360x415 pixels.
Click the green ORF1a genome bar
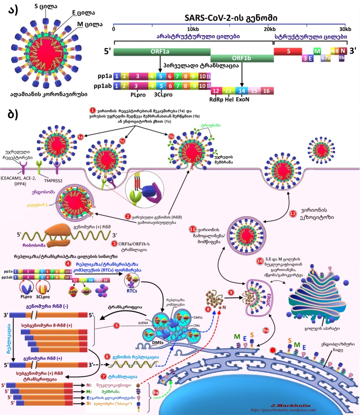[x=162, y=51]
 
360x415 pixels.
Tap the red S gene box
[x=288, y=51]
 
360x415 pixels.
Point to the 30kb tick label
[x=345, y=29]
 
